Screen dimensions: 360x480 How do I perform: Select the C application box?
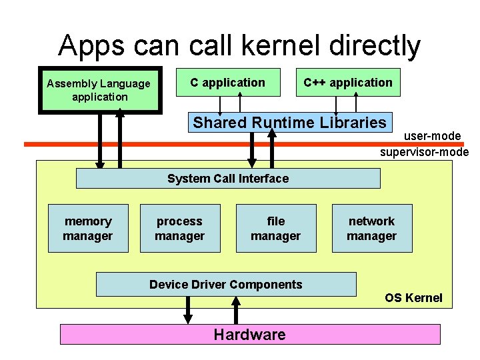point(227,83)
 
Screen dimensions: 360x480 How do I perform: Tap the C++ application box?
point(347,83)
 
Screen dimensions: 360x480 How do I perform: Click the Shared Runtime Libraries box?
point(289,122)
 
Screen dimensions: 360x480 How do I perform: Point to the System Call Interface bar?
point(228,179)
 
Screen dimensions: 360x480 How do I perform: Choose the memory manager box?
point(88,229)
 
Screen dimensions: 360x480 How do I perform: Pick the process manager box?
point(179,229)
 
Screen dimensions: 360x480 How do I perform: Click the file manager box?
point(275,229)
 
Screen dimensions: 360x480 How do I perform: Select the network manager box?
point(371,229)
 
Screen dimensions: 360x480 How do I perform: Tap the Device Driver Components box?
point(226,285)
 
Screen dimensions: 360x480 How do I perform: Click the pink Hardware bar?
point(250,335)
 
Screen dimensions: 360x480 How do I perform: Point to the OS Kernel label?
point(413,298)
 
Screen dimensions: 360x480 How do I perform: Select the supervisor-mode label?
point(424,152)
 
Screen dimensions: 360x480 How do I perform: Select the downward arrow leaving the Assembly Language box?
point(100,140)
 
